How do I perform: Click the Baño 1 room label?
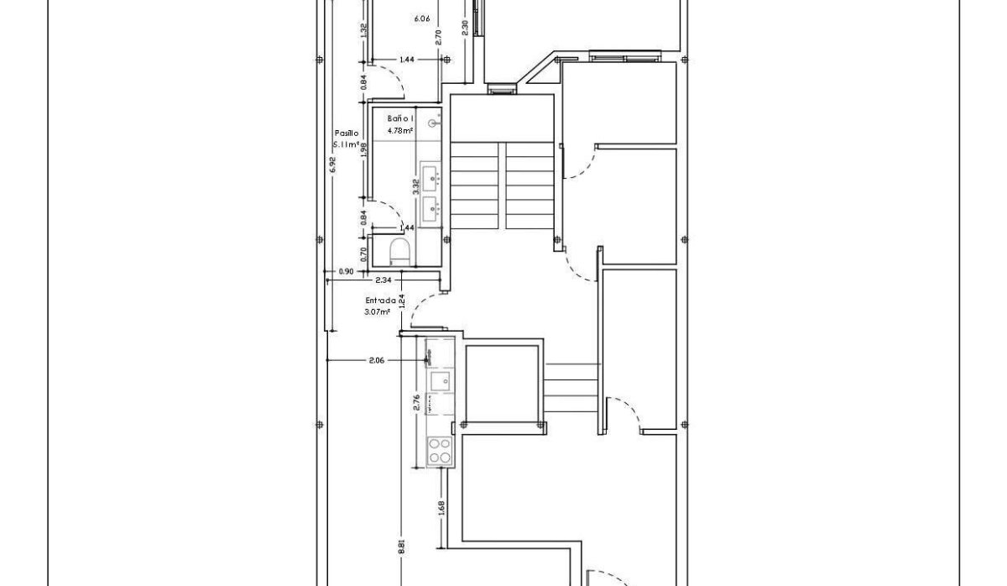point(400,119)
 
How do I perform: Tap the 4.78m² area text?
point(399,131)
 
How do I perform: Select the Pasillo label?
point(347,133)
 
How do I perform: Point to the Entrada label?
point(379,301)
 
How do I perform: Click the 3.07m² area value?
point(378,311)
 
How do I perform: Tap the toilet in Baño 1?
point(400,251)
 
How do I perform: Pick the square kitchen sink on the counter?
point(439,380)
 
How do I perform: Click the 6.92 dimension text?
point(333,165)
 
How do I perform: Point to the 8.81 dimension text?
point(402,546)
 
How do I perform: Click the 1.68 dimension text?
point(441,508)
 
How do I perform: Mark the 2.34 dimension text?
point(383,280)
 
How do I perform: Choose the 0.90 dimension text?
point(345,271)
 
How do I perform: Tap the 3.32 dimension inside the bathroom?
point(415,186)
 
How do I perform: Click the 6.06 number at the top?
point(422,17)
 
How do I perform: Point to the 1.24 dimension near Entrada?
point(403,301)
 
